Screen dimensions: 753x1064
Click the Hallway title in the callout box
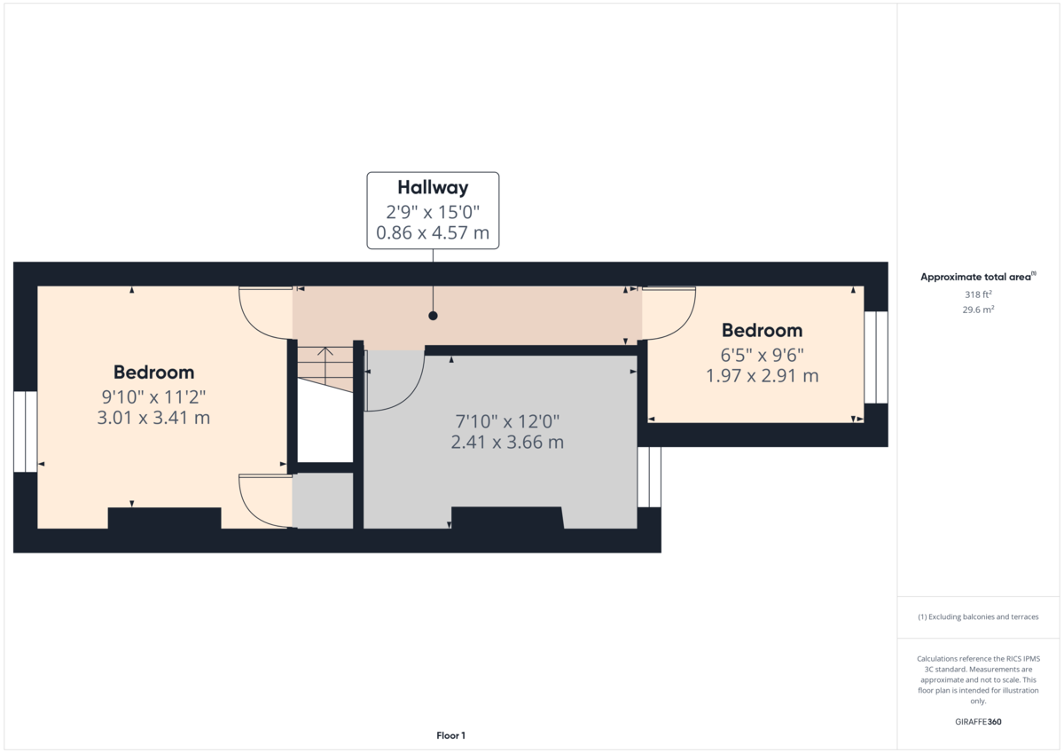click(433, 187)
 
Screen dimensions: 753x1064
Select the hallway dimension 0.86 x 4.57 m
click(433, 234)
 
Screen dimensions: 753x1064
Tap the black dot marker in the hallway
click(433, 315)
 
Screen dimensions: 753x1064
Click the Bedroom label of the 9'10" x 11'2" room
click(153, 372)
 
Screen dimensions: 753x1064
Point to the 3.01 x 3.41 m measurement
click(153, 417)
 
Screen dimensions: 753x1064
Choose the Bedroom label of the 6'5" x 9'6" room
click(762, 330)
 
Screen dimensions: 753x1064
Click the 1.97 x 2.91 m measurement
click(762, 376)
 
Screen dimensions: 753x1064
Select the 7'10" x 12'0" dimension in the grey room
click(507, 420)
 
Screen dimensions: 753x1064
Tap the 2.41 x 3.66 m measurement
click(507, 442)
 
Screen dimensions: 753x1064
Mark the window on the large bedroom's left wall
click(26, 431)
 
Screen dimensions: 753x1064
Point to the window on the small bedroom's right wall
click(876, 357)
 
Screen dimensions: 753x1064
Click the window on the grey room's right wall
click(649, 476)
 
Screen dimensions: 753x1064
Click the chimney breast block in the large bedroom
click(164, 518)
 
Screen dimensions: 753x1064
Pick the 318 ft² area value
click(978, 294)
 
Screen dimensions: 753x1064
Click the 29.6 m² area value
click(978, 310)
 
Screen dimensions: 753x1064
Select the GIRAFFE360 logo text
click(978, 722)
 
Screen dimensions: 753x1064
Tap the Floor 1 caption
click(450, 735)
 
